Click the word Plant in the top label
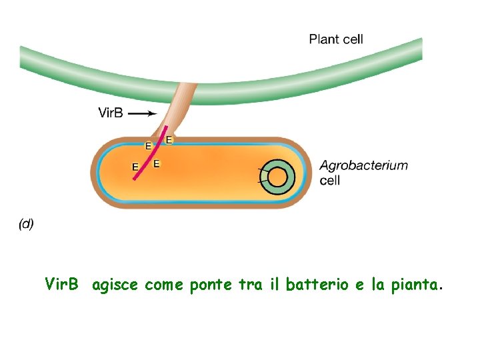pyautogui.click(x=323, y=39)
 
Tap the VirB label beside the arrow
pyautogui.click(x=111, y=113)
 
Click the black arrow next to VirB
pyautogui.click(x=142, y=113)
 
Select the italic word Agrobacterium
pyautogui.click(x=363, y=166)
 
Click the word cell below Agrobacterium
pyautogui.click(x=330, y=181)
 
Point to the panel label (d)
pyautogui.click(x=26, y=224)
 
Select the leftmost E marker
pyautogui.click(x=135, y=167)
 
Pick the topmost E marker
pyautogui.click(x=169, y=140)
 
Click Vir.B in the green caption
pyautogui.click(x=62, y=286)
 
